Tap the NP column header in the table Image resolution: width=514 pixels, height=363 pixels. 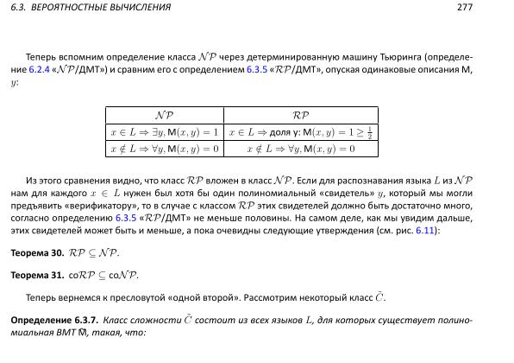click(x=163, y=115)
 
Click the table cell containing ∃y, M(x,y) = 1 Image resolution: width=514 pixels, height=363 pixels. click(x=163, y=132)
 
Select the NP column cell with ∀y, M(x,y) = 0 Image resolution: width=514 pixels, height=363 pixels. click(x=163, y=149)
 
